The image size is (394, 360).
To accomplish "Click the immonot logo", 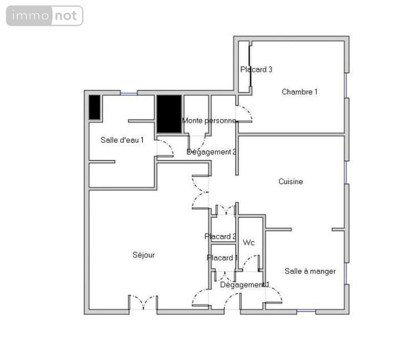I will coord(45,16).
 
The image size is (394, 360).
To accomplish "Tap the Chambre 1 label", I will coord(299,92).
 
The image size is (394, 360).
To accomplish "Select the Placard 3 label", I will coord(256,69).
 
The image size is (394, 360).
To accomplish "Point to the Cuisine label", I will coord(291,182).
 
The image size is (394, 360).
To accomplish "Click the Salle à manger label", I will coord(310,271).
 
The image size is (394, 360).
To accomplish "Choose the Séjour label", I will coord(143,255).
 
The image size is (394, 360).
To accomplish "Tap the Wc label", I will coord(249,243).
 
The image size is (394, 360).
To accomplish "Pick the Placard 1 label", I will coord(222,258).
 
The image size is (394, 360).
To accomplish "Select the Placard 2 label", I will coord(220,237).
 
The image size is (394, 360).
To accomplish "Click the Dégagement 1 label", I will coord(244,285).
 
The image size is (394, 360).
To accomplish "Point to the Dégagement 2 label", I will coord(211,152).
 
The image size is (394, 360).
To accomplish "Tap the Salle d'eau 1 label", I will coord(122,140).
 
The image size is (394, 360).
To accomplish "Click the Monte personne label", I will coord(209,121).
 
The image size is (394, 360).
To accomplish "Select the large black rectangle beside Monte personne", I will coord(169,114).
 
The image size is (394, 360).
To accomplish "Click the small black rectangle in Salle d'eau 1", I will coord(95,108).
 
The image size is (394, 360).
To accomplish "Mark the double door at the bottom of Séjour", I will coord(143,303).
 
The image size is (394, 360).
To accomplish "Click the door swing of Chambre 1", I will coord(244,114).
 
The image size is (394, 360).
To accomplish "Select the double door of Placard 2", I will coord(226,211).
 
